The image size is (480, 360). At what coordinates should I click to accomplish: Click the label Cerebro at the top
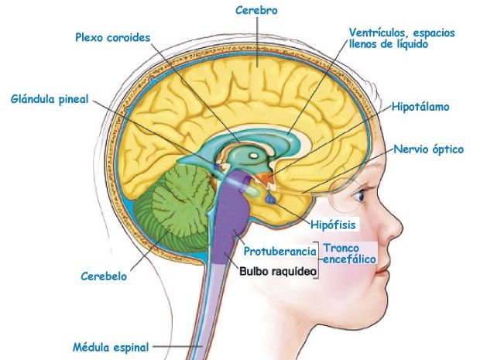coord(256,10)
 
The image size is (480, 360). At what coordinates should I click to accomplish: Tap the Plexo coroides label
coord(113,38)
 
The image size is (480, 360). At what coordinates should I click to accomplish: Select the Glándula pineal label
coord(50,99)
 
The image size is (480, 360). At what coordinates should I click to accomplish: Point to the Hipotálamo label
coord(420,107)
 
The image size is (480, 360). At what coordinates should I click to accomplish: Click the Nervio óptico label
coord(429,149)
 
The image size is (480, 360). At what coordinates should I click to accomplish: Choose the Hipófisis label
coord(333,225)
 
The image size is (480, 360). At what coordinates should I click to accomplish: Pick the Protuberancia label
coord(279,252)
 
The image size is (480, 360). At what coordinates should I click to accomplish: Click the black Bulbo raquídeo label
coord(278,271)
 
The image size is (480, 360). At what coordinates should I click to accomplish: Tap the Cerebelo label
coord(104,276)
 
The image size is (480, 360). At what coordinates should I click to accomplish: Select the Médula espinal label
coord(111,348)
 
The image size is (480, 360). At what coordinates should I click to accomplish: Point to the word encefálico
coord(350,259)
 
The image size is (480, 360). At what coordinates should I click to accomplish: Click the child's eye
coord(359,195)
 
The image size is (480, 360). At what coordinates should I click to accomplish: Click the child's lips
coord(382,271)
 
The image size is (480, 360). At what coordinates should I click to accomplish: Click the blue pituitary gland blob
coord(271,200)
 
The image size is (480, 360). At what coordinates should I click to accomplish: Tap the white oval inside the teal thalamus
coord(253,156)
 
